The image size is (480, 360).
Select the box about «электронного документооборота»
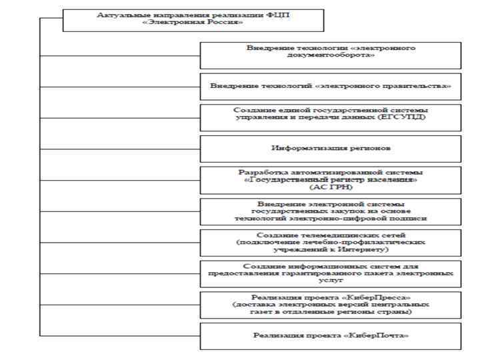click(x=330, y=55)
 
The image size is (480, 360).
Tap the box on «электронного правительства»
click(x=330, y=87)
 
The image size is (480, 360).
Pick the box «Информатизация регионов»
click(x=330, y=148)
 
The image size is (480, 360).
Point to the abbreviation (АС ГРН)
click(x=331, y=187)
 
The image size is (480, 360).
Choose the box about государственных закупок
click(x=330, y=211)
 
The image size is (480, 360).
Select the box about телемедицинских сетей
click(x=330, y=242)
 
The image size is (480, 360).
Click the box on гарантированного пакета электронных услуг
click(x=330, y=273)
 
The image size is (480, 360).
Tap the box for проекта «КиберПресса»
click(x=330, y=305)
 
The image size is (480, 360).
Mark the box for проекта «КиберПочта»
click(x=330, y=335)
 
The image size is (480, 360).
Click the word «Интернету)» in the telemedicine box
click(x=367, y=249)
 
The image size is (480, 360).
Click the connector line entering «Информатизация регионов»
click(x=120, y=148)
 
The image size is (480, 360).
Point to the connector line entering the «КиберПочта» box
click(x=120, y=335)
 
